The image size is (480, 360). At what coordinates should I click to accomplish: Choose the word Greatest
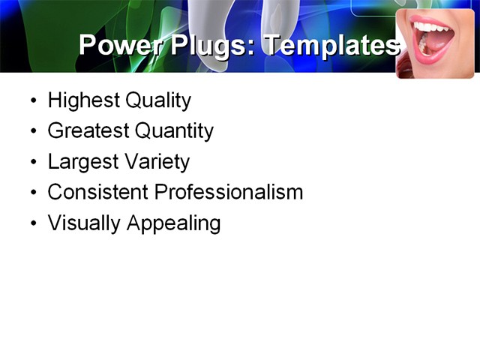point(88,131)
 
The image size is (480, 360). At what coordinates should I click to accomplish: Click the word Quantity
point(174,131)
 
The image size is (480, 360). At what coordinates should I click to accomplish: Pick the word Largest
point(81,162)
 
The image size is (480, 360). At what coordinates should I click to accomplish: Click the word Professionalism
point(229,192)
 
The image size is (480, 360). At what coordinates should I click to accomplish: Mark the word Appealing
point(173,223)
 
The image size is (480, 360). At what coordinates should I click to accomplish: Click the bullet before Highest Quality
point(33,100)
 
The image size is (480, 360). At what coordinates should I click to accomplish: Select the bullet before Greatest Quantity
point(33,131)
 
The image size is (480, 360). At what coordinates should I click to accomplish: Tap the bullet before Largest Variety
point(33,162)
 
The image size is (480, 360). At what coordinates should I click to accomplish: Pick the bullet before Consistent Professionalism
point(33,193)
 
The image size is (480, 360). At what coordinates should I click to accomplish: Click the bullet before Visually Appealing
point(33,223)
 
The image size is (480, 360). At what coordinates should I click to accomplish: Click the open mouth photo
point(435,43)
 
